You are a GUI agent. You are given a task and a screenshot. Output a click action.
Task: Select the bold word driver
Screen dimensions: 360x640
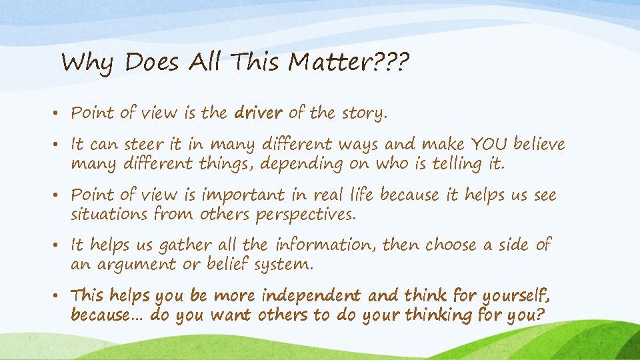pos(259,113)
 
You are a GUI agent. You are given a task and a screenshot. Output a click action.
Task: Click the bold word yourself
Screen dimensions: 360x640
pos(514,296)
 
